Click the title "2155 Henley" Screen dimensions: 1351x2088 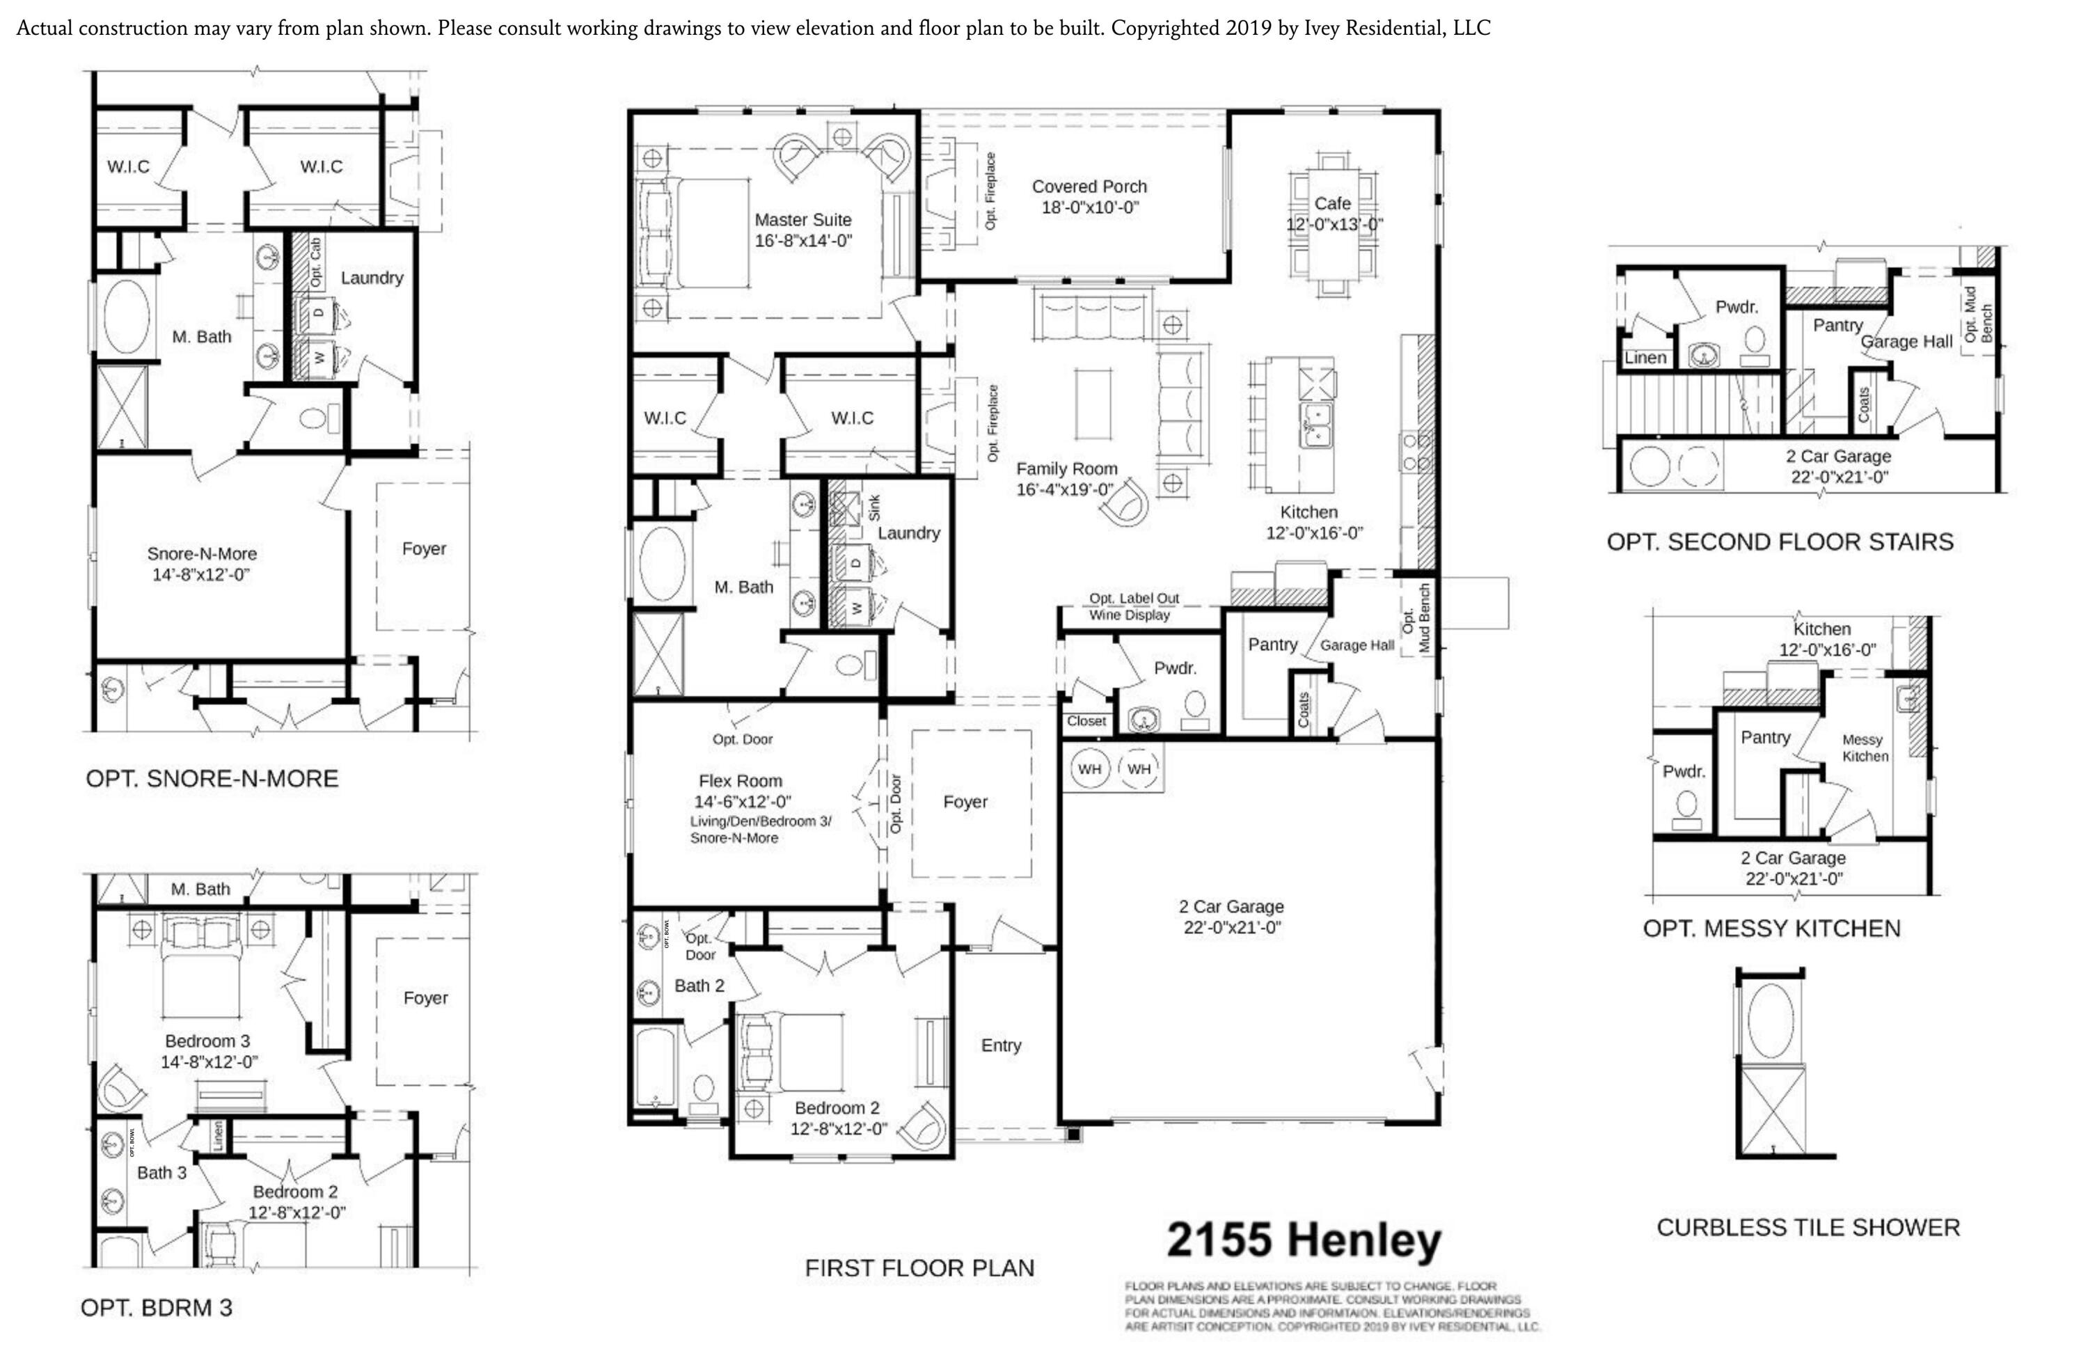(x=1304, y=1240)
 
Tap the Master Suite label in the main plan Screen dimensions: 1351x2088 (x=802, y=220)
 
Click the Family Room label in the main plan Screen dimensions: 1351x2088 (x=1066, y=469)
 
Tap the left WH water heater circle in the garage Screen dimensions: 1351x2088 (x=1090, y=769)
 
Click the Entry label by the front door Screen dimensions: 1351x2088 (x=1001, y=1045)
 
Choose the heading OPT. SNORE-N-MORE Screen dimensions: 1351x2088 (x=212, y=779)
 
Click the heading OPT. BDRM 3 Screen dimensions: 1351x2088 (x=156, y=1308)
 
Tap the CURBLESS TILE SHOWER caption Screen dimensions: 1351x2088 (x=1808, y=1227)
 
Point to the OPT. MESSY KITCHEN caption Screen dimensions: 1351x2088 (x=1771, y=928)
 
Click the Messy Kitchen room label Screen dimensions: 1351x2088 (x=1865, y=748)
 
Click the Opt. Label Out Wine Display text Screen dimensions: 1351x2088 (x=1132, y=606)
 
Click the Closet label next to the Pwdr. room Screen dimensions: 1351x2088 (x=1086, y=721)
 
